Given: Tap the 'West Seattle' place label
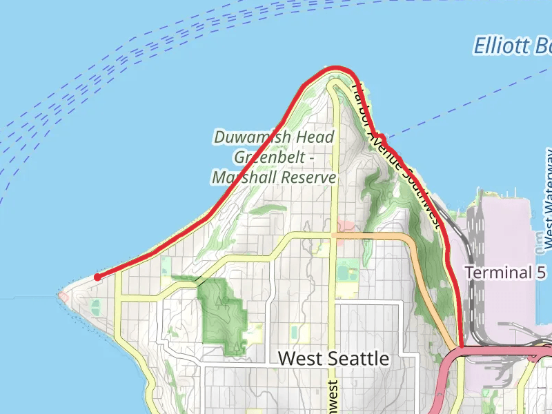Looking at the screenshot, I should (x=333, y=359).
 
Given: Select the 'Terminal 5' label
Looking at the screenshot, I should (x=509, y=272).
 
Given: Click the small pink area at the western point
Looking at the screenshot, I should (x=64, y=296).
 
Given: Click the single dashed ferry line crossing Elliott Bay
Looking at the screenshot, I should (x=469, y=103).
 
